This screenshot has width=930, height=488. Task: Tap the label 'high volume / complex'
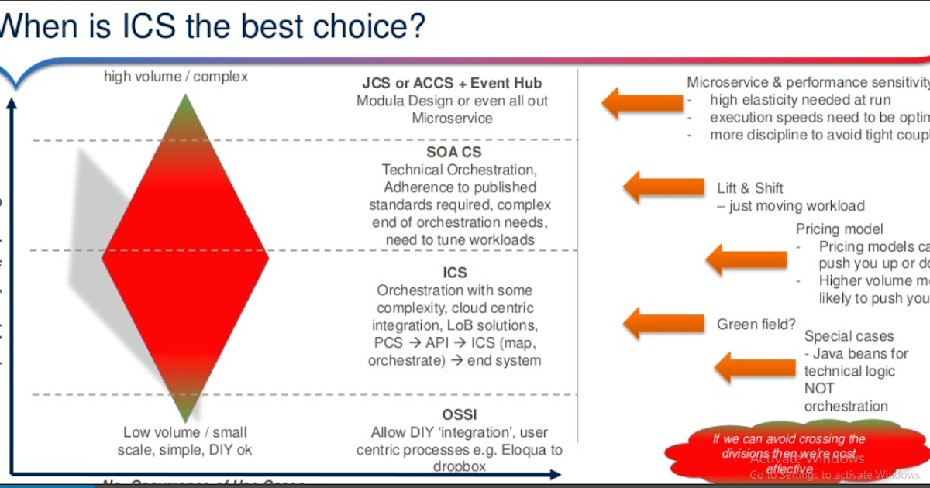176,77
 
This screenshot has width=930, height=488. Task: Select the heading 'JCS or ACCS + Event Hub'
452,83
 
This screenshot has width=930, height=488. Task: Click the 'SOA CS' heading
453,152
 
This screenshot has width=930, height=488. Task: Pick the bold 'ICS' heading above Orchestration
455,273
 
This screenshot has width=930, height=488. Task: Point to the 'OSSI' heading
455,414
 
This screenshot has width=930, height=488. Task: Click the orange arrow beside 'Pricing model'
735,258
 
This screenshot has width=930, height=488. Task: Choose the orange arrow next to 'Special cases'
745,366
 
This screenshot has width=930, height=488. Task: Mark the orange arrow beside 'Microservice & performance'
635,101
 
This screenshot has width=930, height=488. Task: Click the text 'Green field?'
756,325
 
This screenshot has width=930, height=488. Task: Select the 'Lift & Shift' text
749,187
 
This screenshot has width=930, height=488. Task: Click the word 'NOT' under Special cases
819,389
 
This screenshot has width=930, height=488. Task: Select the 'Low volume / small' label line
184,432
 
